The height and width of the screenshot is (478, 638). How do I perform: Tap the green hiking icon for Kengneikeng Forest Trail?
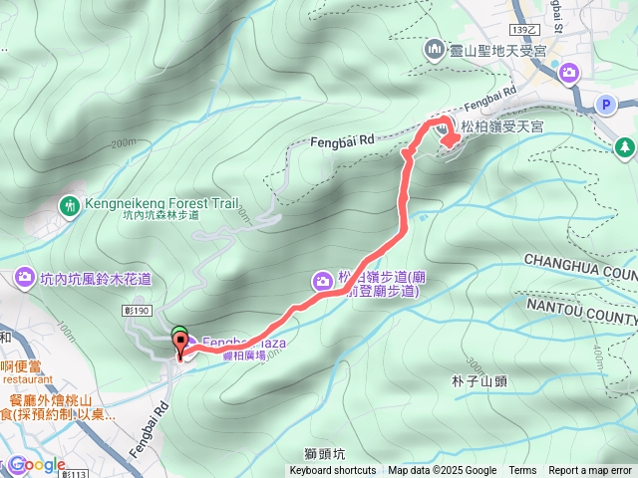click(69, 206)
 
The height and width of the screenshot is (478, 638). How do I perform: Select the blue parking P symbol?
click(605, 104)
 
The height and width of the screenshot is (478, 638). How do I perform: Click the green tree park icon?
click(625, 147)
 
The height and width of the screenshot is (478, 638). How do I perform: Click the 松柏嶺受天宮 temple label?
click(501, 126)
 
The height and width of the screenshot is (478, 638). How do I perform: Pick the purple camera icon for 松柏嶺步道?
click(323, 281)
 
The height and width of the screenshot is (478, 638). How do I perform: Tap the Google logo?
click(38, 465)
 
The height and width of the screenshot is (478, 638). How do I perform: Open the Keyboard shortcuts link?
click(333, 471)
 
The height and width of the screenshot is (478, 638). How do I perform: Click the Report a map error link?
click(591, 471)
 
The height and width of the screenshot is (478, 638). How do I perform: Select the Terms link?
click(522, 471)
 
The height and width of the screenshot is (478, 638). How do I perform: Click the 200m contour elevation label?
click(123, 142)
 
